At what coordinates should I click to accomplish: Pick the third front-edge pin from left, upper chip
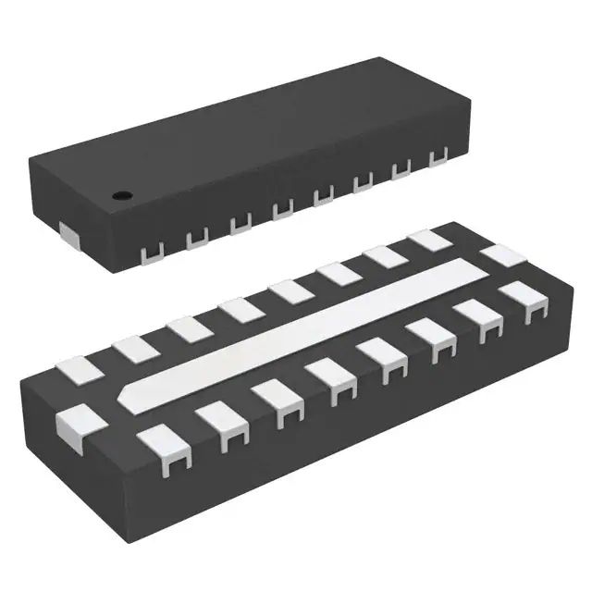tap(240, 224)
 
